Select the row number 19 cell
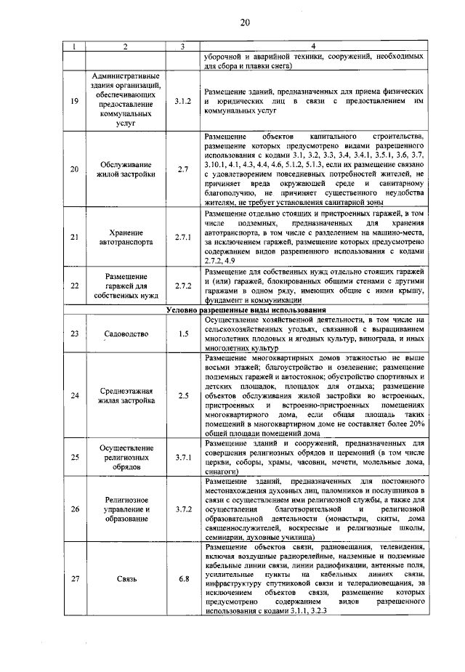pyautogui.click(x=74, y=102)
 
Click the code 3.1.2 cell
pyautogui.click(x=183, y=102)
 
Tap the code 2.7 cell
pyautogui.click(x=183, y=169)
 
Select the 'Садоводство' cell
pyautogui.click(x=126, y=333)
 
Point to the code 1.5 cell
pyautogui.click(x=183, y=333)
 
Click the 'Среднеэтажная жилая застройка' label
pyautogui.click(x=126, y=395)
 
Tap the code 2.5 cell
pyautogui.click(x=183, y=395)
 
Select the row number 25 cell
pyautogui.click(x=74, y=457)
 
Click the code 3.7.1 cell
pyautogui.click(x=183, y=457)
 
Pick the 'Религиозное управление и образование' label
pyautogui.click(x=126, y=509)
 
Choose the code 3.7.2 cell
pyautogui.click(x=183, y=509)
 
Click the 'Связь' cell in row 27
pyautogui.click(x=126, y=578)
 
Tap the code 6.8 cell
pyautogui.click(x=183, y=578)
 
